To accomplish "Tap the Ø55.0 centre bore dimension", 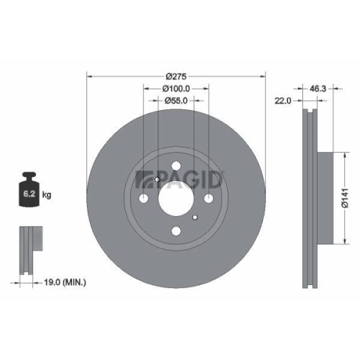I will (176, 102).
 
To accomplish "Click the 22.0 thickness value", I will (282, 101).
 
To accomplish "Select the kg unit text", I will (48, 194).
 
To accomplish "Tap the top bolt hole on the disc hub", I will (176, 166).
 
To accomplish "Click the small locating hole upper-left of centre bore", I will (156, 180).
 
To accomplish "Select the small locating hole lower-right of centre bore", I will (195, 217).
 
